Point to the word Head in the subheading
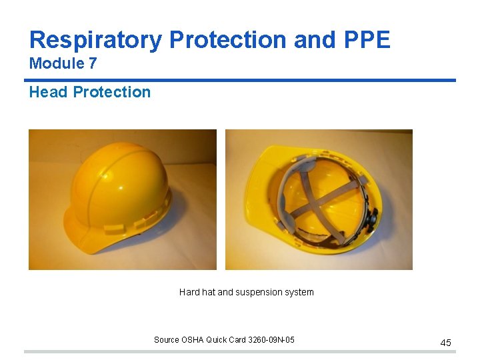pos(48,92)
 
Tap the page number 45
pos(445,343)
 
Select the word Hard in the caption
pos(189,292)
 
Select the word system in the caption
pos(299,292)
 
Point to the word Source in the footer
pos(167,340)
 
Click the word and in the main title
pos(310,40)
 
